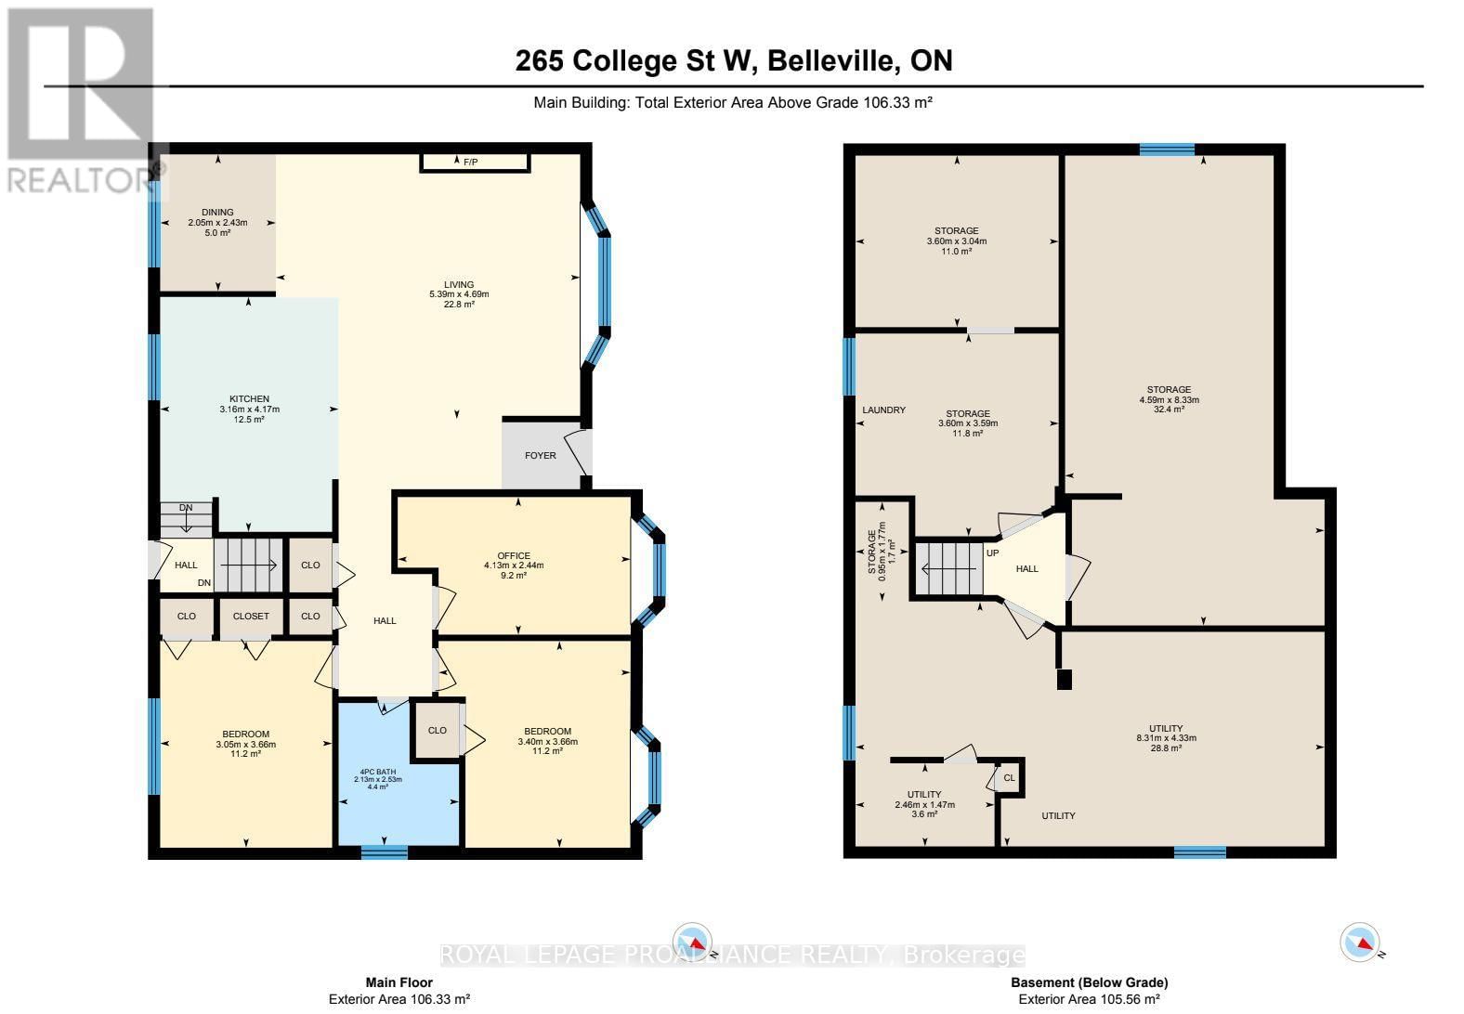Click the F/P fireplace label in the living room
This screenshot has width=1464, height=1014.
pyautogui.click(x=471, y=162)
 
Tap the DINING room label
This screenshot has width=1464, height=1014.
pyautogui.click(x=217, y=212)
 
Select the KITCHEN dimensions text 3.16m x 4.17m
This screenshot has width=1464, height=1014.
pyautogui.click(x=249, y=409)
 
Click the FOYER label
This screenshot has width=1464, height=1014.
pyautogui.click(x=541, y=455)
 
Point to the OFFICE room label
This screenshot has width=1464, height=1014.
pyautogui.click(x=513, y=555)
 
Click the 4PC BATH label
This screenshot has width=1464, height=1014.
pyautogui.click(x=378, y=772)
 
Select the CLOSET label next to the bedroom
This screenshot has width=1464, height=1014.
pyautogui.click(x=251, y=616)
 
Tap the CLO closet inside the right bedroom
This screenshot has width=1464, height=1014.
pyautogui.click(x=438, y=731)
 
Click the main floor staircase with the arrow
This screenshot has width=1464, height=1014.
pyautogui.click(x=248, y=565)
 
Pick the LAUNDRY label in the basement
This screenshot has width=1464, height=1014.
pyautogui.click(x=883, y=409)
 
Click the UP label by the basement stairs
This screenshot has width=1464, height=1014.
pyautogui.click(x=992, y=552)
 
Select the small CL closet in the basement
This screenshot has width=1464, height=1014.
pyautogui.click(x=1009, y=779)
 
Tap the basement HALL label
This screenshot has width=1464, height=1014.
pyautogui.click(x=1026, y=569)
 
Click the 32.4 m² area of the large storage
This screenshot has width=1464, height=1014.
pyautogui.click(x=1169, y=409)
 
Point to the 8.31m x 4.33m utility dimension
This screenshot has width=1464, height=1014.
pyautogui.click(x=1166, y=738)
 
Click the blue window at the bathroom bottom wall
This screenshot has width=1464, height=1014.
pyautogui.click(x=384, y=851)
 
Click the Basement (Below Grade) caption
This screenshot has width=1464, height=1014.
pyautogui.click(x=1089, y=982)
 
